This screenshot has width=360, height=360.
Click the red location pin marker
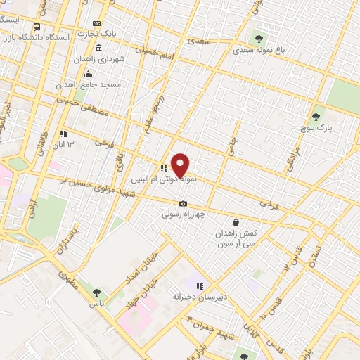point(181,165)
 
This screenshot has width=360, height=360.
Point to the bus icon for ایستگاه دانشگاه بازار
point(37,26)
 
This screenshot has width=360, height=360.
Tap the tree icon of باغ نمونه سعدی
point(259,38)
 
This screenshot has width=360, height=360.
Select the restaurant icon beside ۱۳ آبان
point(63,134)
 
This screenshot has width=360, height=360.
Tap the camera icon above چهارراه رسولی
point(183,203)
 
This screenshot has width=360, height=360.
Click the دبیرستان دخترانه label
point(197,297)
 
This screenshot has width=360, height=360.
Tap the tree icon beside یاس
point(96,293)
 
